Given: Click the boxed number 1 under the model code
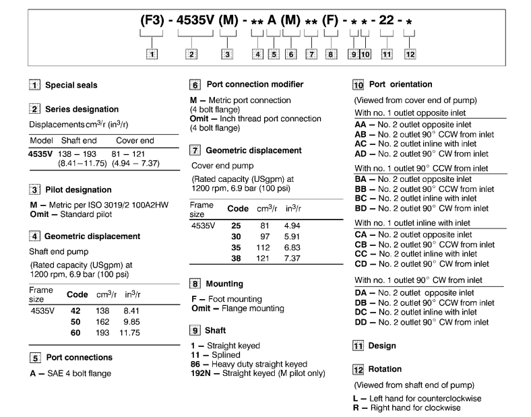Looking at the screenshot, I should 154,55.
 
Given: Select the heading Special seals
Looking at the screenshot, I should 71,86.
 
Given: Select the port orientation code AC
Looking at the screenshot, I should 362,144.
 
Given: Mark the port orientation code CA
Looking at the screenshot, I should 362,235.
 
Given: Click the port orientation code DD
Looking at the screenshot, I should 362,322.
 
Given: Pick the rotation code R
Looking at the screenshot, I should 357,408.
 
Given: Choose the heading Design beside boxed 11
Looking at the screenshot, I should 382,346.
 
